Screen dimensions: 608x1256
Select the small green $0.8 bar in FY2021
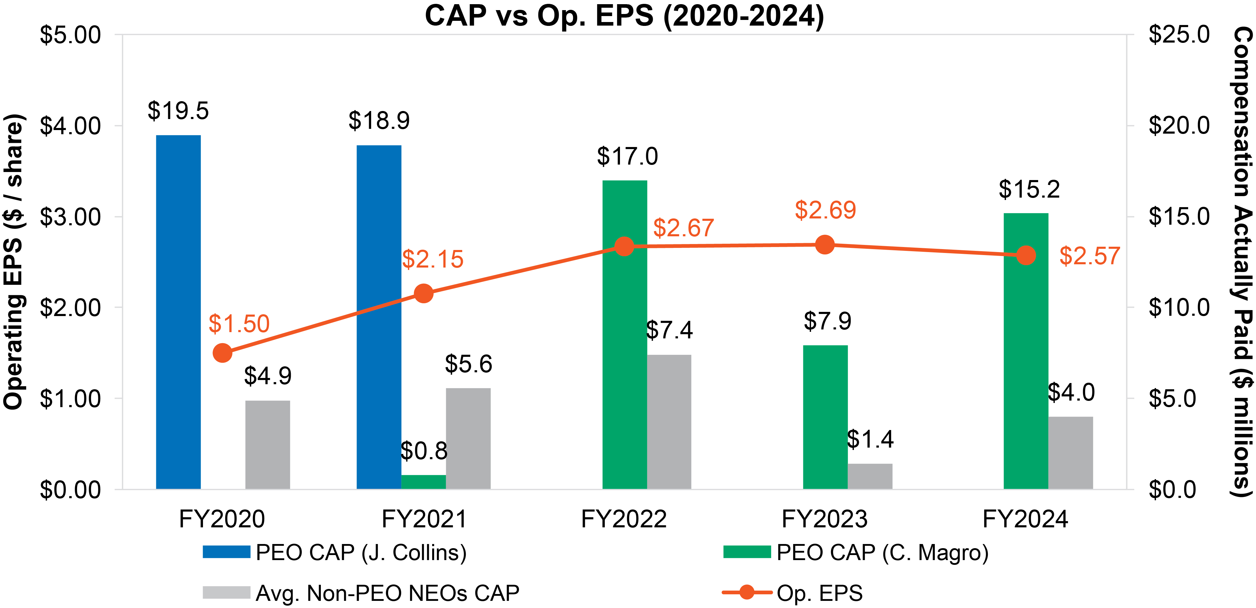tap(423, 482)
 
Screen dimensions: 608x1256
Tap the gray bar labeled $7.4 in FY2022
tap(669, 422)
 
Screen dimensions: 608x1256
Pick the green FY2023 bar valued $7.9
tap(825, 417)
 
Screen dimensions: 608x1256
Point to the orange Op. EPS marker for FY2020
tap(222, 353)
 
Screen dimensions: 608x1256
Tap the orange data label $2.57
tap(1090, 256)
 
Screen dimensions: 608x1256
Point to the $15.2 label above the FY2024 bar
tap(1029, 189)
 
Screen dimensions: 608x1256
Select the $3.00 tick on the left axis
tap(70, 217)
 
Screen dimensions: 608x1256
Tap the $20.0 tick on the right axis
tap(1179, 126)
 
